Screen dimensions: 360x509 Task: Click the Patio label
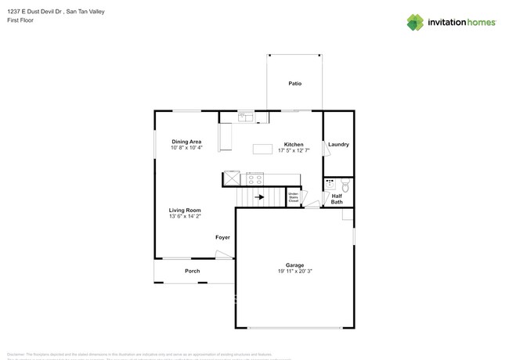pos(294,83)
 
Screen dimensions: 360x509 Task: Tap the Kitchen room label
pos(294,145)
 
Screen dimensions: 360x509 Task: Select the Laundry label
pos(338,144)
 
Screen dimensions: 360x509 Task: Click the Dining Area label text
pos(187,142)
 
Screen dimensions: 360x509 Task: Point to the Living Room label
pos(186,210)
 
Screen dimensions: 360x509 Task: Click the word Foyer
pos(223,237)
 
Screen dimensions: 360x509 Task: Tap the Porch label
pos(192,271)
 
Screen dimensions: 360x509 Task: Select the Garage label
pos(294,265)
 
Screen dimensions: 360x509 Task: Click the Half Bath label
pos(337,199)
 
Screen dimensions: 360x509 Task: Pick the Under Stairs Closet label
pos(293,197)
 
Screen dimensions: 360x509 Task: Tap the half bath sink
pos(330,185)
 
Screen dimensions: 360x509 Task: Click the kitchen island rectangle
pos(262,149)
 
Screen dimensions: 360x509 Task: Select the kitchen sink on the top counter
pos(244,117)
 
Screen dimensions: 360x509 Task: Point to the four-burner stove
pos(255,178)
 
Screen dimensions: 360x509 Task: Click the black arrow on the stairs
pos(260,197)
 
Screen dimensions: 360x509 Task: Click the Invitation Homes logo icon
pos(415,22)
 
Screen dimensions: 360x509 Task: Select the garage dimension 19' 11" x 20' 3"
pos(294,272)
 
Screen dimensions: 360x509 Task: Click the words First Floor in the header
pos(20,20)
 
